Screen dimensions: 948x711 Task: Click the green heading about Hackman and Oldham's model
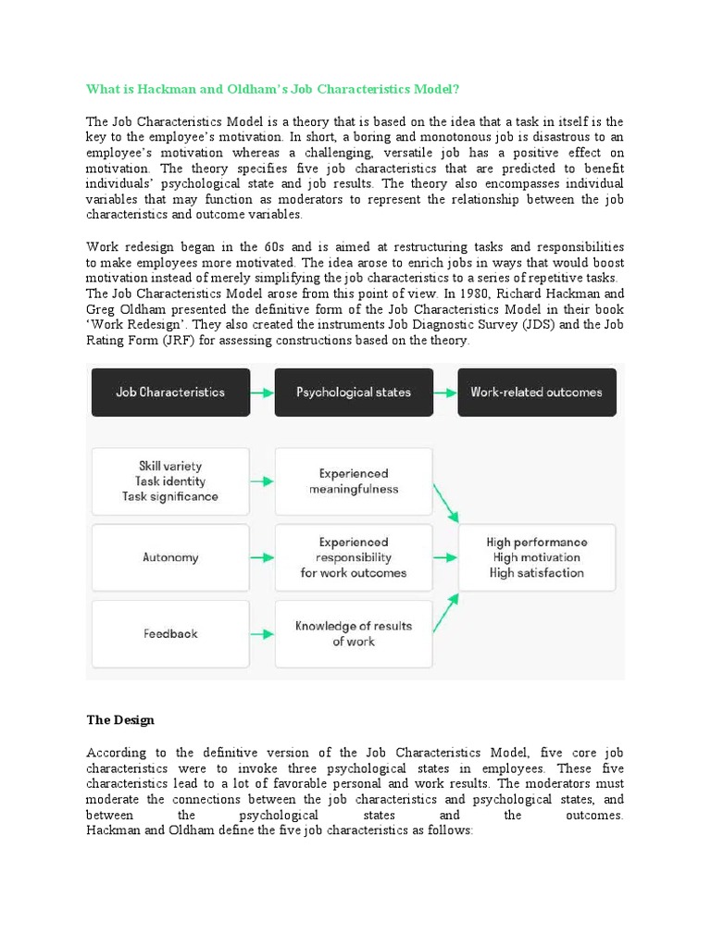(272, 89)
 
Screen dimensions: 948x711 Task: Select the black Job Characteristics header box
(169, 392)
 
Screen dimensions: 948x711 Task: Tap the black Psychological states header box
(353, 392)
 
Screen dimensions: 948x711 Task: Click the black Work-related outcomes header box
(536, 392)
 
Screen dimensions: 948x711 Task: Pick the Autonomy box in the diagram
(169, 558)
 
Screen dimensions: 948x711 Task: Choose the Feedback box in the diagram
(169, 634)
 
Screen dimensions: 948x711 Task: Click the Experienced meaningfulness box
(353, 481)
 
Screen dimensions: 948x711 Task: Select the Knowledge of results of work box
(353, 634)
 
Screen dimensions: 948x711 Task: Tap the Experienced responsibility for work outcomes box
(353, 558)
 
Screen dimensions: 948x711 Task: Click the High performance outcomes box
(537, 558)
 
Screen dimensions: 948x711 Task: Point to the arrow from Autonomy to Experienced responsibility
(262, 558)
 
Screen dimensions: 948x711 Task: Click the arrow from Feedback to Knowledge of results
(262, 634)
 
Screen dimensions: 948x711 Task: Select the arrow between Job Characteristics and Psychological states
(262, 393)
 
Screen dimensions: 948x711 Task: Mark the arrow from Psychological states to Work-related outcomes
(444, 393)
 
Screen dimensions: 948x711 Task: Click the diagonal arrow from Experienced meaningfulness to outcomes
(446, 500)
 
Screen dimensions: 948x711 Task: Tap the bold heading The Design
(120, 719)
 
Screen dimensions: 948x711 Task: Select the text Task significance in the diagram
(170, 497)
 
